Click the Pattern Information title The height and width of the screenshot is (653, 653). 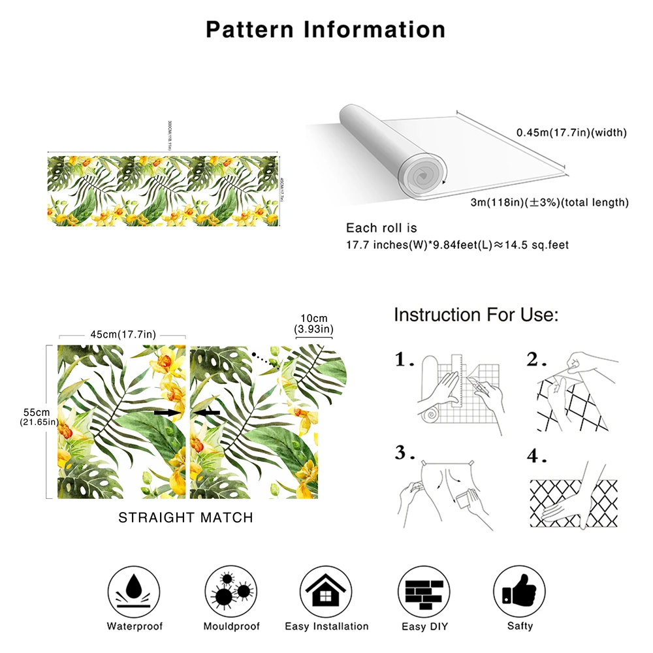(x=326, y=29)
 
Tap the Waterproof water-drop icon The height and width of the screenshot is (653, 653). (x=135, y=590)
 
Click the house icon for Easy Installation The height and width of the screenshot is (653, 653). (x=326, y=590)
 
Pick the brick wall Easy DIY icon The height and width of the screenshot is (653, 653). (x=422, y=590)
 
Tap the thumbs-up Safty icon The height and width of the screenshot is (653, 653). (x=518, y=590)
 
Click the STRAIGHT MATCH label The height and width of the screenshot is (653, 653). (x=185, y=518)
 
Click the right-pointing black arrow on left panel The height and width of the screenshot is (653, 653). (x=168, y=413)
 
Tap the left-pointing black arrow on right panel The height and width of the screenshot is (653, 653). (x=207, y=413)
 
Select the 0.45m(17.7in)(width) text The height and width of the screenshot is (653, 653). (x=571, y=133)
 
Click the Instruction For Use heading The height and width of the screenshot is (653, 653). (x=476, y=315)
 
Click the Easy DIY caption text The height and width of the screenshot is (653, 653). (x=423, y=627)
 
